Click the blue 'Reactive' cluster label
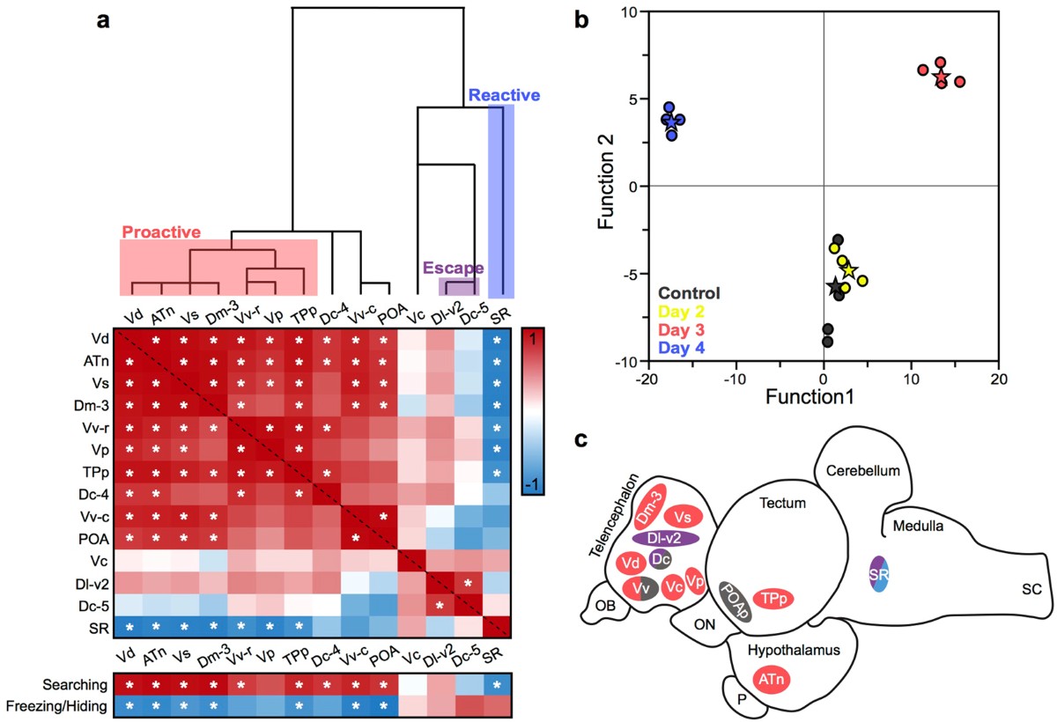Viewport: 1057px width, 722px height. tap(504, 95)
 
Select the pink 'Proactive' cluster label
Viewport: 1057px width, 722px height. tap(161, 232)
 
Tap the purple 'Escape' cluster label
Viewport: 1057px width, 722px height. tap(452, 268)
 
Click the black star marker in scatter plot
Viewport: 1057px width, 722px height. tap(834, 286)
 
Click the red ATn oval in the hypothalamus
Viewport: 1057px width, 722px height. tap(772, 679)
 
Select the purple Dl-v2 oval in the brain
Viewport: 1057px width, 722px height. tap(666, 538)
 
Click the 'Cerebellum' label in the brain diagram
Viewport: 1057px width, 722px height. tap(863, 471)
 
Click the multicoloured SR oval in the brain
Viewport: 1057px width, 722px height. tap(879, 573)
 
